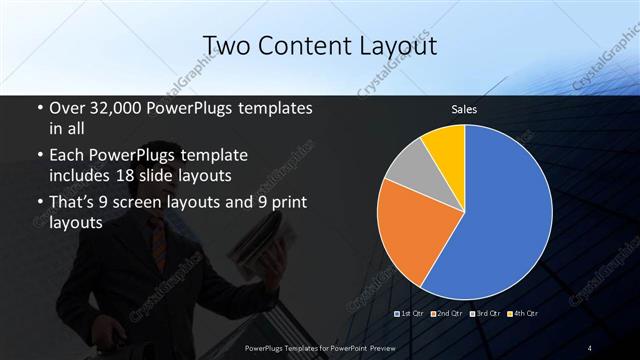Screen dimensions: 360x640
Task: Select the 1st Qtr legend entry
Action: coord(413,315)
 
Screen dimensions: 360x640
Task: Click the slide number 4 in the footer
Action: coord(590,347)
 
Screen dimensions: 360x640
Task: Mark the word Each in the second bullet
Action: coord(68,156)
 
